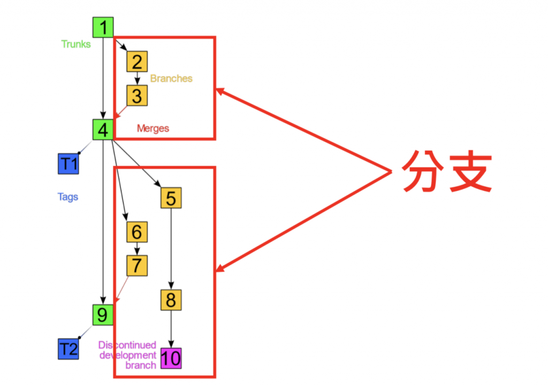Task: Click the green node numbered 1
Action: [x=103, y=27]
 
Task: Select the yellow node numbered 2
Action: [x=137, y=61]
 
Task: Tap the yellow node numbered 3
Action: [x=137, y=96]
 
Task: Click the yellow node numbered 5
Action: [x=171, y=198]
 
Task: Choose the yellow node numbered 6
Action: [x=137, y=232]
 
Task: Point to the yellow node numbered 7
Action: [x=137, y=266]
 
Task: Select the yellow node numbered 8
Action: [x=171, y=300]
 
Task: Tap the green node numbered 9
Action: [x=103, y=314]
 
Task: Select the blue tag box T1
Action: [x=68, y=164]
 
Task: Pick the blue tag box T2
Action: [x=68, y=349]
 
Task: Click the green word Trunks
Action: [x=76, y=44]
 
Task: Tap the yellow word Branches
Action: [x=171, y=79]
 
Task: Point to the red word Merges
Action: [x=153, y=128]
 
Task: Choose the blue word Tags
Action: [x=68, y=197]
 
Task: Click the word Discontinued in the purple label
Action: [x=127, y=345]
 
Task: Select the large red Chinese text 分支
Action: [x=446, y=171]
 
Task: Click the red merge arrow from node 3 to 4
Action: [x=121, y=111]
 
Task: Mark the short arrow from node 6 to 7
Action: [x=137, y=248]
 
